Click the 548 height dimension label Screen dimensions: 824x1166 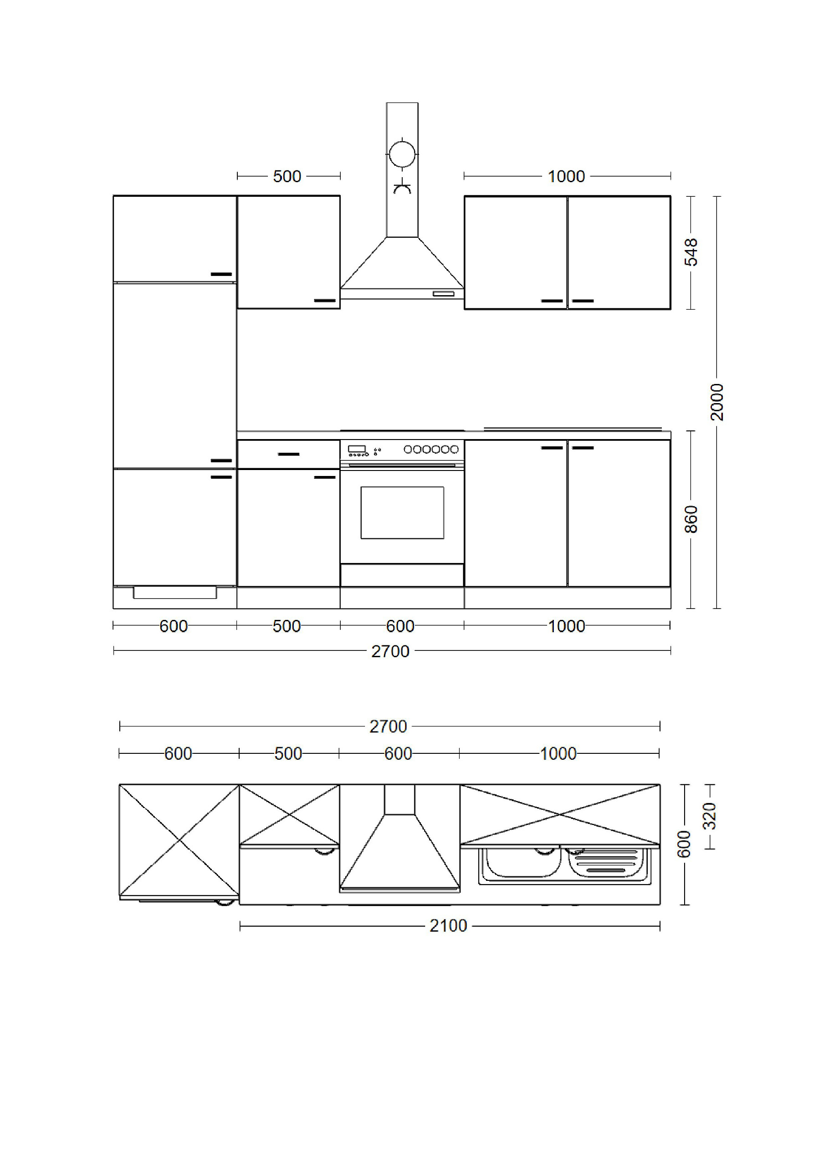691,252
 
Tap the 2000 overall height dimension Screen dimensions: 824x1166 717,402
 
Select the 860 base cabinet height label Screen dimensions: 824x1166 691,519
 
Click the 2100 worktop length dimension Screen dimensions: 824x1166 448,926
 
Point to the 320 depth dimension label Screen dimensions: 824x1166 709,816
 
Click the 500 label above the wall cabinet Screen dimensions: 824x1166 287,176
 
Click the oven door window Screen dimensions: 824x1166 402,512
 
